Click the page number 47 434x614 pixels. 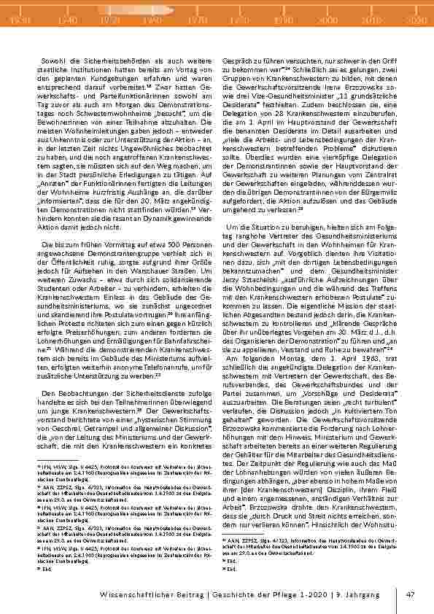(410, 594)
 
